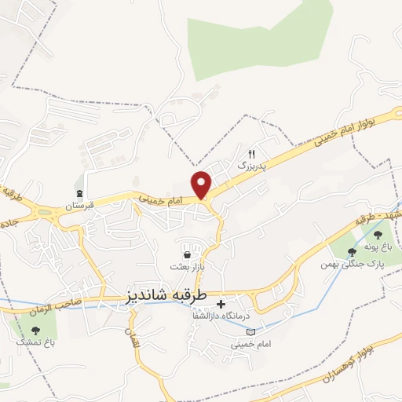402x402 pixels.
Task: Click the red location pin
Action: click(203, 185)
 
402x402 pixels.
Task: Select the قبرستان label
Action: click(79, 206)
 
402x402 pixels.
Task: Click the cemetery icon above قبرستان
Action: click(79, 193)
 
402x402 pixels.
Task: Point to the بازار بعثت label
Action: click(189, 268)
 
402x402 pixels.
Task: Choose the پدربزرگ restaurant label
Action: click(252, 166)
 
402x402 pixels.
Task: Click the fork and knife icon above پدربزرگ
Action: click(252, 154)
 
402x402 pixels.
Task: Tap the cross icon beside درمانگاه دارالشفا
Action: click(221, 303)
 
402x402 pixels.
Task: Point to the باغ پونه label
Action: click(378, 247)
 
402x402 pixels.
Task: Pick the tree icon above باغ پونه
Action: click(377, 234)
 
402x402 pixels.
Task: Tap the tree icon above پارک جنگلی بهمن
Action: click(351, 251)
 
